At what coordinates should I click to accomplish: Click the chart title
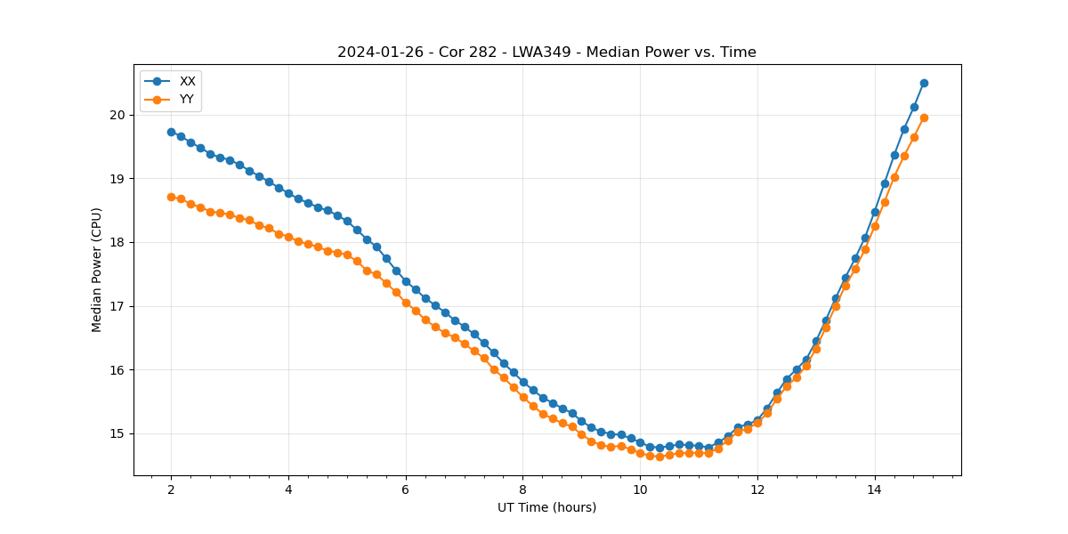pyautogui.click(x=546, y=53)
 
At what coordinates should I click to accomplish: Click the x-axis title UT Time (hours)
pyautogui.click(x=546, y=507)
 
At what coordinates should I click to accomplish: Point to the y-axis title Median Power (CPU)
pyautogui.click(x=97, y=270)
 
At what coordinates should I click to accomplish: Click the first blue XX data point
pyautogui.click(x=171, y=132)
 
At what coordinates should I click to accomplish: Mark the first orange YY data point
pyautogui.click(x=171, y=197)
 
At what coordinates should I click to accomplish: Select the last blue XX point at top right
pyautogui.click(x=924, y=83)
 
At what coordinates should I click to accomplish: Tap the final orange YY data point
pyautogui.click(x=924, y=117)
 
